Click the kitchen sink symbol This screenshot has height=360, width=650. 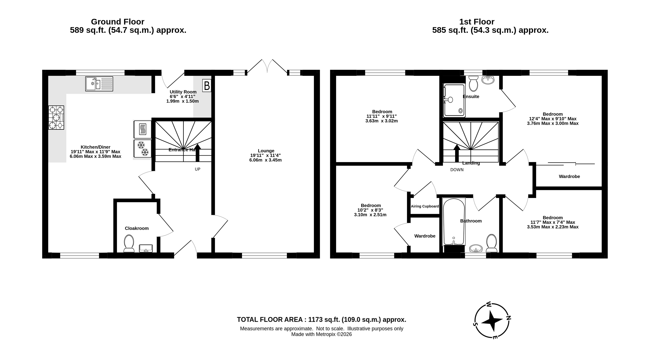point(99,84)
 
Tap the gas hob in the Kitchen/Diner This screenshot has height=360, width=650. point(56,118)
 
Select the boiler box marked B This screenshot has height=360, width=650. point(207,86)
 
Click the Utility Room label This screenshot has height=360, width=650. point(183,92)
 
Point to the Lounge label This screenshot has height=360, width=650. point(266,151)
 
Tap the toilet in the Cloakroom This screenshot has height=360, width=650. point(129,244)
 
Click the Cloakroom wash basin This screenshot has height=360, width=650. point(146,248)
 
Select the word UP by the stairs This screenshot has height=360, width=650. point(198,169)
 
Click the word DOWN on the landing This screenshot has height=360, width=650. point(457,170)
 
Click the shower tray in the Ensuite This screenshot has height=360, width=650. point(454,100)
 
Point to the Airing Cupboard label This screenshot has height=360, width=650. point(425,206)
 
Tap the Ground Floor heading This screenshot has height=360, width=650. point(118,22)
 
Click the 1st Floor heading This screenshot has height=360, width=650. point(477,22)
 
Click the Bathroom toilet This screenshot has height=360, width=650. point(491,243)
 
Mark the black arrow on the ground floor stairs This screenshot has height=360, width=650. point(198,153)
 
